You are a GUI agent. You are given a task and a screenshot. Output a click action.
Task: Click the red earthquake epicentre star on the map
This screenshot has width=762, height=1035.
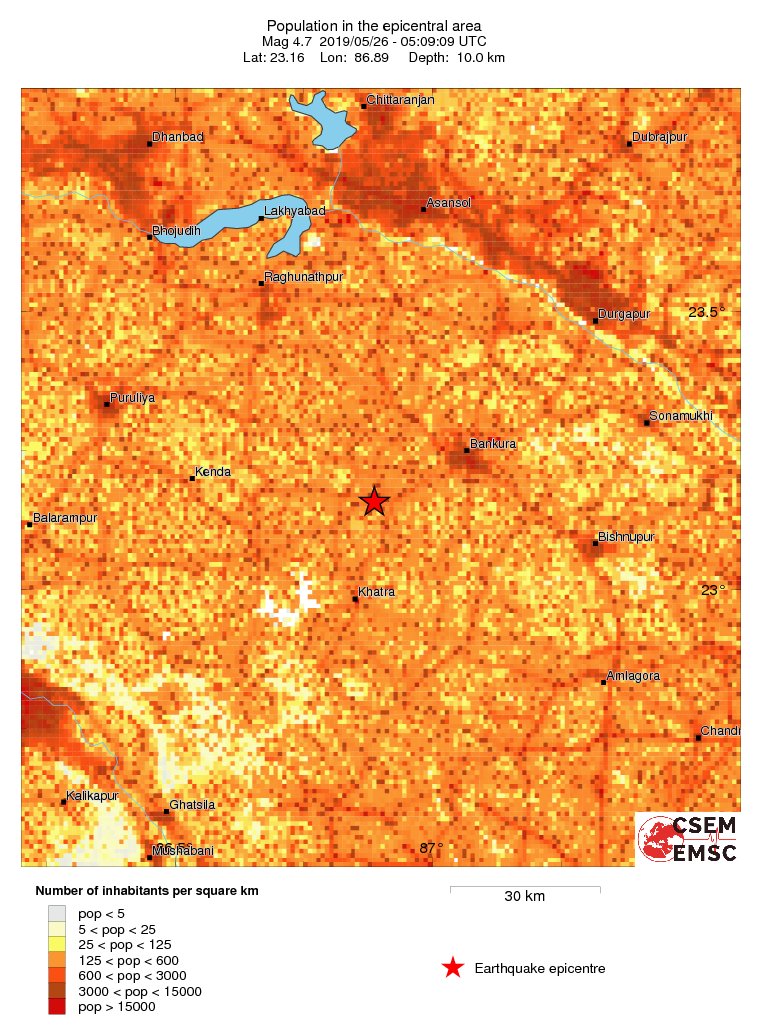pyautogui.click(x=374, y=501)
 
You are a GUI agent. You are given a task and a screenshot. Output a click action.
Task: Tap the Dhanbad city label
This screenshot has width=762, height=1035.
pyautogui.click(x=177, y=137)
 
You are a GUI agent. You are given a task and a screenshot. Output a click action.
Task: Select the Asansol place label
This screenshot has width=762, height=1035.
pyautogui.click(x=448, y=203)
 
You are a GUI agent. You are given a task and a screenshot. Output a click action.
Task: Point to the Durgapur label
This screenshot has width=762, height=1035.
pyautogui.click(x=624, y=314)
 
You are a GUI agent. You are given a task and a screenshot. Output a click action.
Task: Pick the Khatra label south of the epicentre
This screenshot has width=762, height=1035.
pyautogui.click(x=377, y=592)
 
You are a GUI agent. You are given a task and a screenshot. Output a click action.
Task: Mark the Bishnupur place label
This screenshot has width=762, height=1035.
pyautogui.click(x=626, y=537)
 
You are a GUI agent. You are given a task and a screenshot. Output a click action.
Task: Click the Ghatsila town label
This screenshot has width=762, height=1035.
pyautogui.click(x=192, y=804)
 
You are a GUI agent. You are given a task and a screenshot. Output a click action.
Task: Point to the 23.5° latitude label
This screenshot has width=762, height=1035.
pyautogui.click(x=706, y=313)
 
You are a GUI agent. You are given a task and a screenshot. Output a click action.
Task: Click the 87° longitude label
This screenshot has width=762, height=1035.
pyautogui.click(x=431, y=848)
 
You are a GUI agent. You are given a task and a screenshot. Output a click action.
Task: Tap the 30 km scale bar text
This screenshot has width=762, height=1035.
pyautogui.click(x=524, y=896)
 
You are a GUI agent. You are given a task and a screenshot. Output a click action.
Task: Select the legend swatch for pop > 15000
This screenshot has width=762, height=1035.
pyautogui.click(x=57, y=1006)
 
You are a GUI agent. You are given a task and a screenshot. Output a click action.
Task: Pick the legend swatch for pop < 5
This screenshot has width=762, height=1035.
pyautogui.click(x=57, y=913)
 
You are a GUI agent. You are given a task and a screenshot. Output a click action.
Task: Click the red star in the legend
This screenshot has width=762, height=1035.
pyautogui.click(x=453, y=967)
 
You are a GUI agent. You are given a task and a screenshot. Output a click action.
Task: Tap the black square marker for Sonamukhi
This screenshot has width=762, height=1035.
pyautogui.click(x=647, y=423)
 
